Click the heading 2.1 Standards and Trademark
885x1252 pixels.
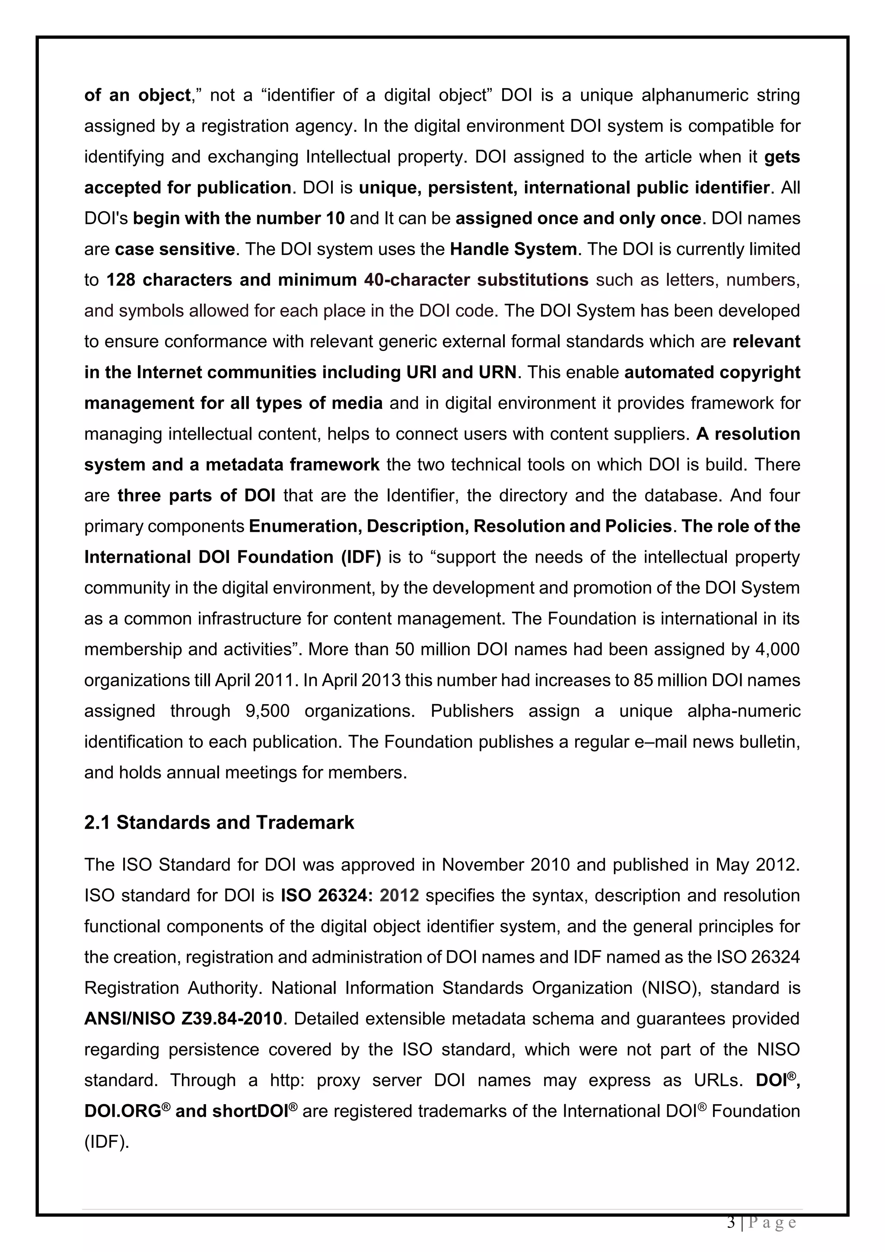point(219,822)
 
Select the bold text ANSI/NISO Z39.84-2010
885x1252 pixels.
point(184,1018)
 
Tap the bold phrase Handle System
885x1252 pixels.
point(513,249)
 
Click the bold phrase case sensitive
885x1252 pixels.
point(175,249)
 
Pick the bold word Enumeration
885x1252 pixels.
point(305,526)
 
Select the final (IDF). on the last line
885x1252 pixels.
point(107,1141)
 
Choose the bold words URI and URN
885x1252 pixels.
point(462,372)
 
